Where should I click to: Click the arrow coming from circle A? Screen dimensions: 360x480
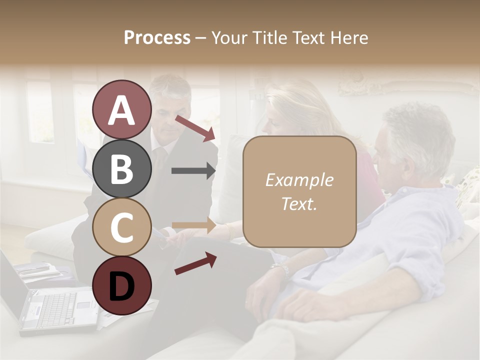[x=195, y=127]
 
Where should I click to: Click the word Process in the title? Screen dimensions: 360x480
[x=157, y=37]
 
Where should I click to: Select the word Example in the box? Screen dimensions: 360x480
[x=299, y=180]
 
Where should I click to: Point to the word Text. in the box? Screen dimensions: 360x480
[x=299, y=203]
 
